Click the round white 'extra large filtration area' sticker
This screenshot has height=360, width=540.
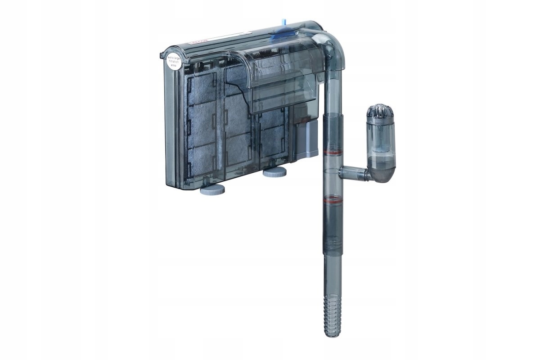coord(174,62)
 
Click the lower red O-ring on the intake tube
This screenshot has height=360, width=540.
coord(333,198)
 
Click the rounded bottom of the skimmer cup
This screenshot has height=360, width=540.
coord(381,173)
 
